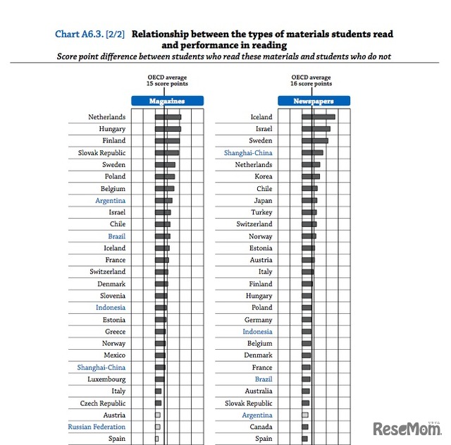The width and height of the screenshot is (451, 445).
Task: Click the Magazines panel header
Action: [x=167, y=101]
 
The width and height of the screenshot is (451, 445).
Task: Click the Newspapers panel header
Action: [x=314, y=101]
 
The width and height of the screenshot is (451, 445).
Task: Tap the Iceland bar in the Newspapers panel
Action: [x=319, y=117]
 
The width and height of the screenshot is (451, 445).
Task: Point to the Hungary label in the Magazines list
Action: [x=112, y=129]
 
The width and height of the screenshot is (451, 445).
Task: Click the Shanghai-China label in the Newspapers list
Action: [x=248, y=153]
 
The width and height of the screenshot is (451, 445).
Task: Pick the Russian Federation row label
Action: [x=97, y=427]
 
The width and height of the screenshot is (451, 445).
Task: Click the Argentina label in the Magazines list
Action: [x=110, y=200]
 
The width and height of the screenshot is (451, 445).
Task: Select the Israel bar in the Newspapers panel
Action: [x=316, y=129]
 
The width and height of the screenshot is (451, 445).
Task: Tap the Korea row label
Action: [x=263, y=177]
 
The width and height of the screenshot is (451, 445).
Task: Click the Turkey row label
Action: [x=261, y=212]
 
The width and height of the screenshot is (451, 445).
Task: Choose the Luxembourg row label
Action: [x=106, y=379]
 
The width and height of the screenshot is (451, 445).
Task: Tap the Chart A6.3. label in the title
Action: [x=90, y=34]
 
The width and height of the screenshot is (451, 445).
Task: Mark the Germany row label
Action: [x=258, y=320]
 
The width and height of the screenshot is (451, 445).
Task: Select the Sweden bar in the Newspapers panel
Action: [x=315, y=141]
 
